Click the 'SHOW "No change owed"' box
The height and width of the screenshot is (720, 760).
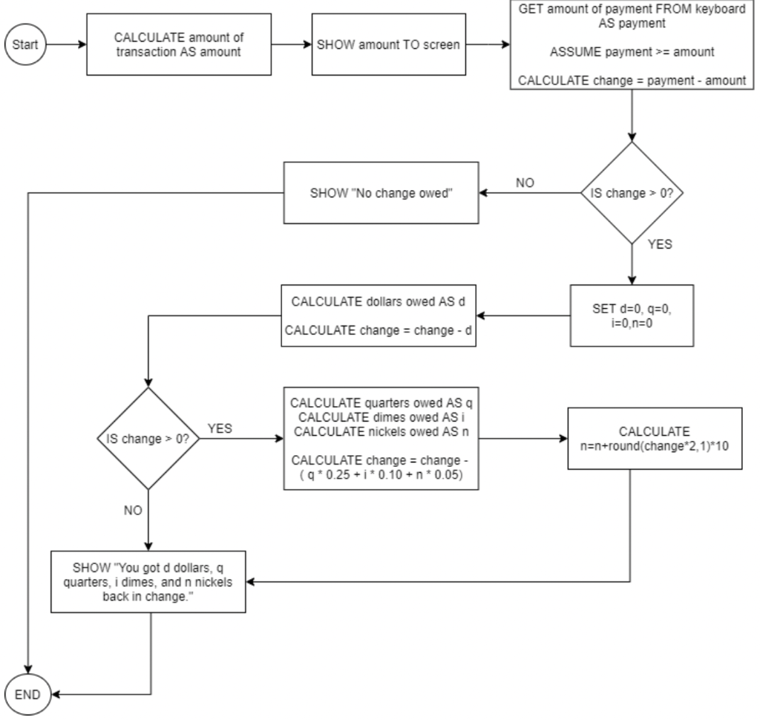coord(380,194)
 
